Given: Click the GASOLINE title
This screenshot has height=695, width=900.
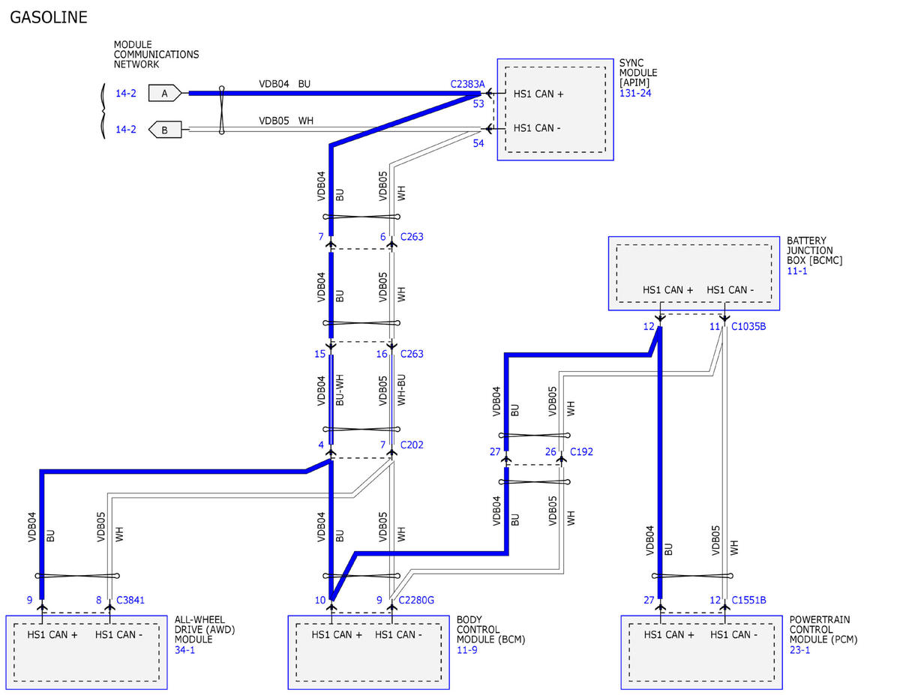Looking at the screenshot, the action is [x=49, y=17].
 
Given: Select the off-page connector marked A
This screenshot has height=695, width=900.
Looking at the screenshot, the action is [x=165, y=93].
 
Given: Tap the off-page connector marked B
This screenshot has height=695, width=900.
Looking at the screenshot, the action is [x=165, y=130].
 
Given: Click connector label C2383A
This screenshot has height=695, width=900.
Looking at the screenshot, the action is [x=467, y=84].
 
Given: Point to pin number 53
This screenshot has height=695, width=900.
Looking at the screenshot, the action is [x=478, y=103].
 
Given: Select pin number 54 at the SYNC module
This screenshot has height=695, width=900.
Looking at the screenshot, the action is [x=478, y=143].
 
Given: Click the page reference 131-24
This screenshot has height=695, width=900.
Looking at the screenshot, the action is [x=635, y=93].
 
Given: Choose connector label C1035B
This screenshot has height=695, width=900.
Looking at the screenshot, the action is [x=748, y=327].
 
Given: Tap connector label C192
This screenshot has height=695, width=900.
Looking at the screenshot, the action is [x=581, y=451].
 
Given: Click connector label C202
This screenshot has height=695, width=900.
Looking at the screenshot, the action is [x=412, y=445].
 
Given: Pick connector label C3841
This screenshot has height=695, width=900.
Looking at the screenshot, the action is [x=130, y=600].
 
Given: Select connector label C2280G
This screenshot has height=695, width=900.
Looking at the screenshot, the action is [x=416, y=600].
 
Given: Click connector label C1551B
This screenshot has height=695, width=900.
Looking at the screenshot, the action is [x=748, y=600].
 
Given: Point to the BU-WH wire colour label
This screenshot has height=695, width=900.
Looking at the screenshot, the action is [x=340, y=390].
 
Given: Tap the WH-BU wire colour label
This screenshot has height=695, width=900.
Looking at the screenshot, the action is [x=401, y=390].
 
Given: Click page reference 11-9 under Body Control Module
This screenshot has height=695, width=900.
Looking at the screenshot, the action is [x=466, y=650].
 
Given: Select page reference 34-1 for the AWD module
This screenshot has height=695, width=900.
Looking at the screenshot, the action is [x=184, y=650].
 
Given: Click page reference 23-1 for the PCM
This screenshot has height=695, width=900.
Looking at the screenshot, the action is [x=799, y=650].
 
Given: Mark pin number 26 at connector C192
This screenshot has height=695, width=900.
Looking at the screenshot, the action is [x=550, y=451].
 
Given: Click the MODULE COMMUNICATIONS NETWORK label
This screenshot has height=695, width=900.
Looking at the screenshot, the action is [x=156, y=54].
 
